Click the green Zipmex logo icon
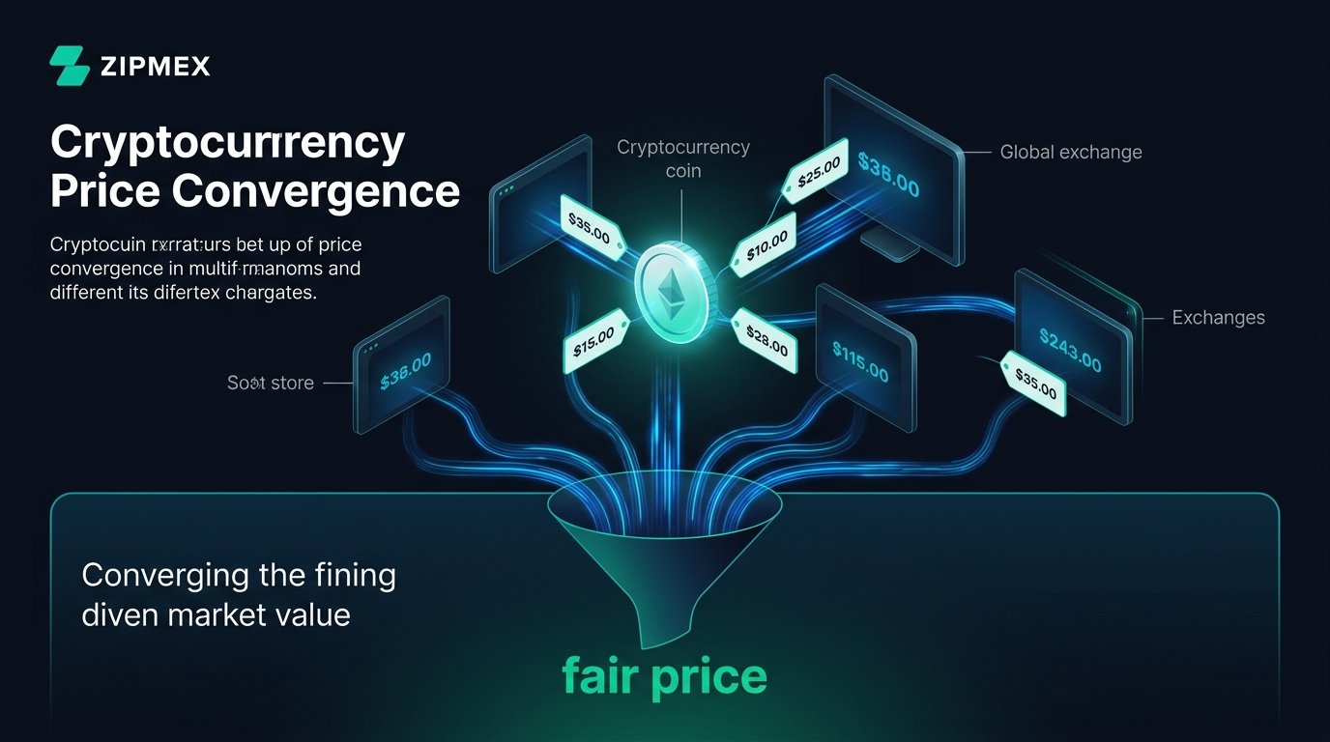tap(70, 66)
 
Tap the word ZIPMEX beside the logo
tap(155, 67)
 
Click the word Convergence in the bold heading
tap(315, 191)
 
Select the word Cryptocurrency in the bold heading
tap(227, 144)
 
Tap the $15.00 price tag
tap(593, 341)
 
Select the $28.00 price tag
tap(766, 339)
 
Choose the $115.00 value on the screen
tap(860, 360)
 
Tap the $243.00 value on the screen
tap(1069, 349)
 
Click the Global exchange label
tap(1071, 152)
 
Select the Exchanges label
tap(1218, 317)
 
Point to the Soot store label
tap(271, 383)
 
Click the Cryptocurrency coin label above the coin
tap(683, 158)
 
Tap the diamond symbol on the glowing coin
tap(669, 290)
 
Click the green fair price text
tap(664, 675)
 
